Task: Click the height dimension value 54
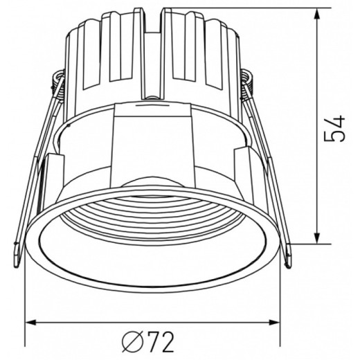click(336, 129)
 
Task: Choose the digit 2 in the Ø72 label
click(165, 341)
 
